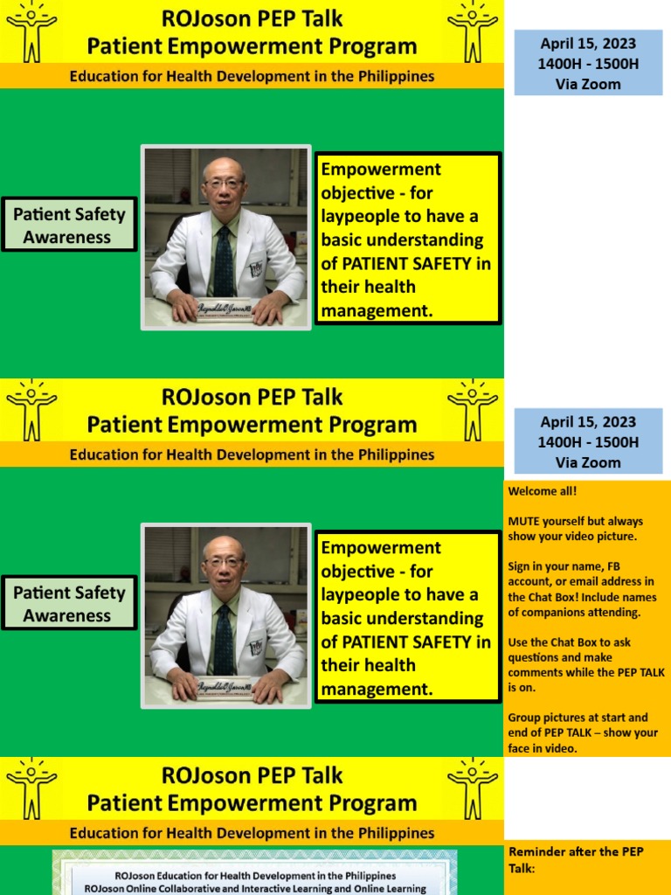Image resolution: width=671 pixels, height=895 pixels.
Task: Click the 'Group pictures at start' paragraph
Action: pyautogui.click(x=583, y=732)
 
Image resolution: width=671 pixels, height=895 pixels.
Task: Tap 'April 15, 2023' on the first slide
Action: pyautogui.click(x=587, y=44)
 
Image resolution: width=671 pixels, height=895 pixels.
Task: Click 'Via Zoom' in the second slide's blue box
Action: pyautogui.click(x=587, y=462)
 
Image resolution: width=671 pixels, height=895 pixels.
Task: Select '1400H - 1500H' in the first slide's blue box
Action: pyautogui.click(x=587, y=64)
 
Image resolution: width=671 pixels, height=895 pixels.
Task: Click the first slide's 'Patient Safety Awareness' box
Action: pyautogui.click(x=68, y=225)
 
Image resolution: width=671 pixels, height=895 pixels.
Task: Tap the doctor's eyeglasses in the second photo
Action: pyautogui.click(x=223, y=562)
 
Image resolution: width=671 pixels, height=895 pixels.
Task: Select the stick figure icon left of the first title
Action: pyautogui.click(x=31, y=31)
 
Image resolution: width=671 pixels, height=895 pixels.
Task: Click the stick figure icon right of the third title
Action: pyautogui.click(x=473, y=788)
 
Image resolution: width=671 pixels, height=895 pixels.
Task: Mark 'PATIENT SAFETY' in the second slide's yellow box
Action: pyautogui.click(x=406, y=642)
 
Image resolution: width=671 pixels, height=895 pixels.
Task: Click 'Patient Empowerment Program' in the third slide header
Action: pyautogui.click(x=252, y=802)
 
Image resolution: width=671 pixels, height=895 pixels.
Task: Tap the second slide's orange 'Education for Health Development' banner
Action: pyautogui.click(x=252, y=454)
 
